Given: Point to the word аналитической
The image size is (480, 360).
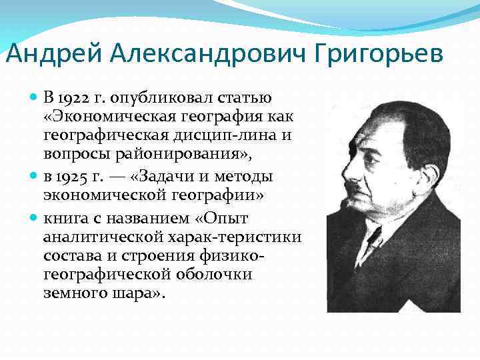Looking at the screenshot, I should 97,238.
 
